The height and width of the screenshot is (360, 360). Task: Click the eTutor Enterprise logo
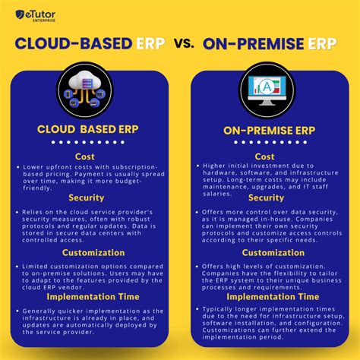(37, 14)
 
